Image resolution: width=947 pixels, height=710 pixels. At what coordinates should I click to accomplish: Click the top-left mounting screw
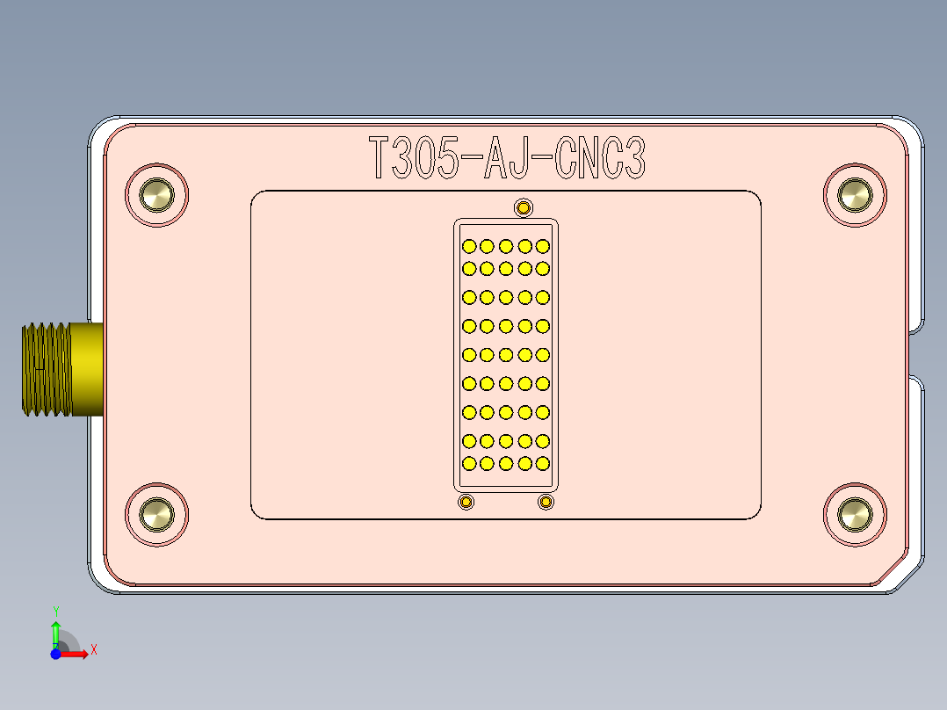pos(157,195)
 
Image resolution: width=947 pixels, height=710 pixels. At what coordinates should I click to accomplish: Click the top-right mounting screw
pos(854,195)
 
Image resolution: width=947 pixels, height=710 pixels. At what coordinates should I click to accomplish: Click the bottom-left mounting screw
pos(157,514)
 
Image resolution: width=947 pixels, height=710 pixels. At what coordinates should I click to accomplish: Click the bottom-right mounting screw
pos(854,514)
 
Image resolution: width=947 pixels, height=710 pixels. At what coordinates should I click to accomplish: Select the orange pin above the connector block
pos(524,208)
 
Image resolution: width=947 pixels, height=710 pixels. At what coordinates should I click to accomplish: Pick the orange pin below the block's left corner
pos(466,502)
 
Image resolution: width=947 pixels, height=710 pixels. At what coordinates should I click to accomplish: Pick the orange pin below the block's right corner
pos(546,502)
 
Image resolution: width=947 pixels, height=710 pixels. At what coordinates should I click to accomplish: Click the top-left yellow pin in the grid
pos(469,246)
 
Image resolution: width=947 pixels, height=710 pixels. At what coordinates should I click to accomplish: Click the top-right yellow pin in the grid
pos(542,246)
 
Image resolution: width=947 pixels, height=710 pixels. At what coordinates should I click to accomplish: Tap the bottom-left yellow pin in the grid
pos(469,463)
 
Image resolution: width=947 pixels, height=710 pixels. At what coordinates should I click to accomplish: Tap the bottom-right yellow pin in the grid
pos(542,463)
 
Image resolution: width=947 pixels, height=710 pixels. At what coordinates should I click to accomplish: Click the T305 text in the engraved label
pos(412,159)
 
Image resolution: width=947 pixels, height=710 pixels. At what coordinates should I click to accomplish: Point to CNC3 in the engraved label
pos(602,159)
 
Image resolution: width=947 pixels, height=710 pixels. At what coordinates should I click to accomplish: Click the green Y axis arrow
pos(55,627)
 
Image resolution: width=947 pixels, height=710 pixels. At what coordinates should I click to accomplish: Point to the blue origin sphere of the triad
pos(55,654)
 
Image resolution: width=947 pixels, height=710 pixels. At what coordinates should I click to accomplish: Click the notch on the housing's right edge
pos(915,354)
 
